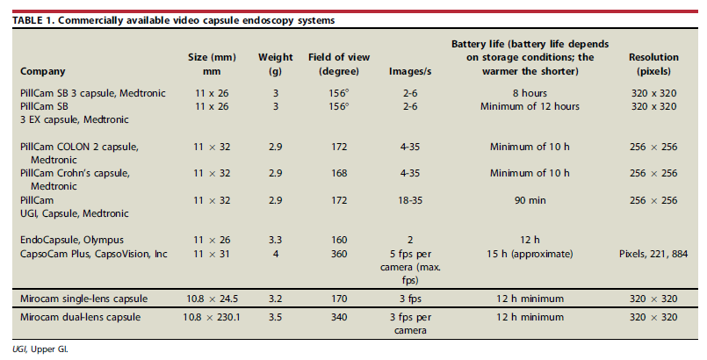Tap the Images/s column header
(x=395, y=71)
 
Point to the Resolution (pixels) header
(x=653, y=64)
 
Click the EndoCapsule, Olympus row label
(x=65, y=238)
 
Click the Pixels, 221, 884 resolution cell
(x=653, y=253)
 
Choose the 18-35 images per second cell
(x=395, y=201)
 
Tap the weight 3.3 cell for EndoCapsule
(x=275, y=238)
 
